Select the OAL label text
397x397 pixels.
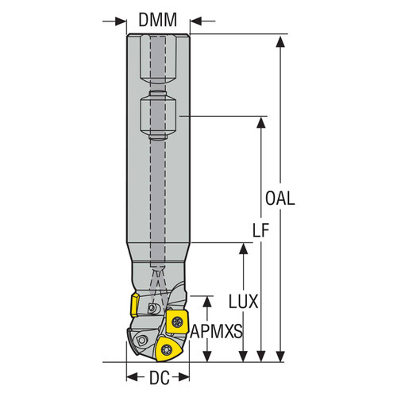pyautogui.click(x=280, y=198)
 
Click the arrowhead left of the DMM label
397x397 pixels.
pyautogui.click(x=120, y=20)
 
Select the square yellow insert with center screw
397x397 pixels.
pyautogui.click(x=175, y=322)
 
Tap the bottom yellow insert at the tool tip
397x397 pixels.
pyautogui.click(x=167, y=347)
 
